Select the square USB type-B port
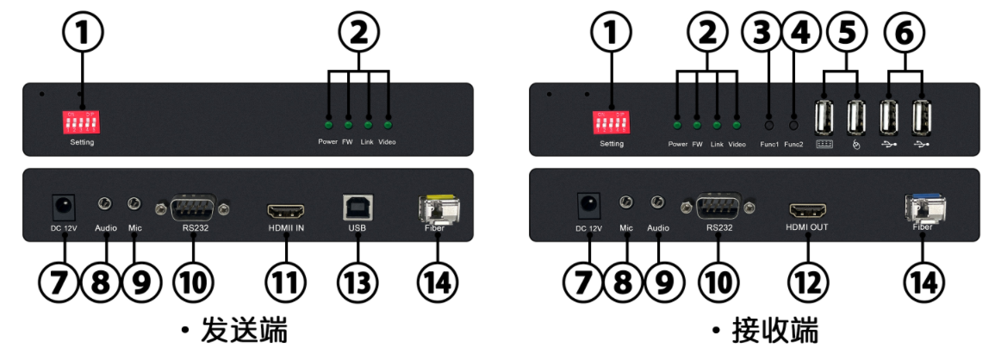click(357, 208)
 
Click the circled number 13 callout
click(357, 281)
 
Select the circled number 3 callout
click(761, 34)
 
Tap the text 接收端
click(775, 331)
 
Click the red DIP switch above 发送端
click(83, 121)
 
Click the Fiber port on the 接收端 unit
click(923, 208)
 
